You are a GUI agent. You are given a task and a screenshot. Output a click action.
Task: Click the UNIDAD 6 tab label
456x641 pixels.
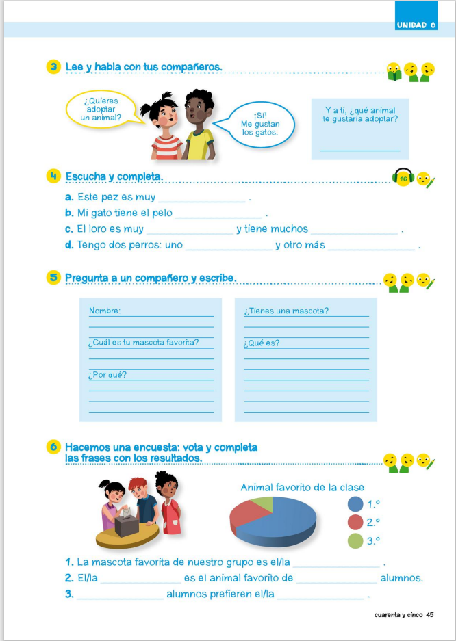416,25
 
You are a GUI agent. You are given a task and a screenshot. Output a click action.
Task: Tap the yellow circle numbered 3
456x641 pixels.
54,67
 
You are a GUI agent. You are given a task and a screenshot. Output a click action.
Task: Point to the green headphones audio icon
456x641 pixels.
403,178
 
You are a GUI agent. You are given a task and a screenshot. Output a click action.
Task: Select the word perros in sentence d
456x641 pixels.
148,245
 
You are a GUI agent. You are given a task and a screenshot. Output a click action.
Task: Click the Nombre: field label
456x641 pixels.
105,311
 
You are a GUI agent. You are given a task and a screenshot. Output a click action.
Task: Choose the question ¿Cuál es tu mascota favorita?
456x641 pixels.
143,343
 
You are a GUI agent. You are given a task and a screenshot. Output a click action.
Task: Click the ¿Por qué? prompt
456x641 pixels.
107,374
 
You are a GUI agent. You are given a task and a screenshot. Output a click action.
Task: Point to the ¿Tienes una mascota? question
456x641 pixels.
286,311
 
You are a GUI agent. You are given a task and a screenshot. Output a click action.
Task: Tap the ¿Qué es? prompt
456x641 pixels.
262,343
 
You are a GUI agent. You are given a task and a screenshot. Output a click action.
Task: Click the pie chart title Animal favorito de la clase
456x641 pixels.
302,487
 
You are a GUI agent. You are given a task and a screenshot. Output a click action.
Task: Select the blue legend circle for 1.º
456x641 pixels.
355,504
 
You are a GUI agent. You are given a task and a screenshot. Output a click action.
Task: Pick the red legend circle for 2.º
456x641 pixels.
355,522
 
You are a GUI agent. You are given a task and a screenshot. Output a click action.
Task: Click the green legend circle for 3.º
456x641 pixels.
355,540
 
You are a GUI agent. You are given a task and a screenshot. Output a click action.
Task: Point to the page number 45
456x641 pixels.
430,614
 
